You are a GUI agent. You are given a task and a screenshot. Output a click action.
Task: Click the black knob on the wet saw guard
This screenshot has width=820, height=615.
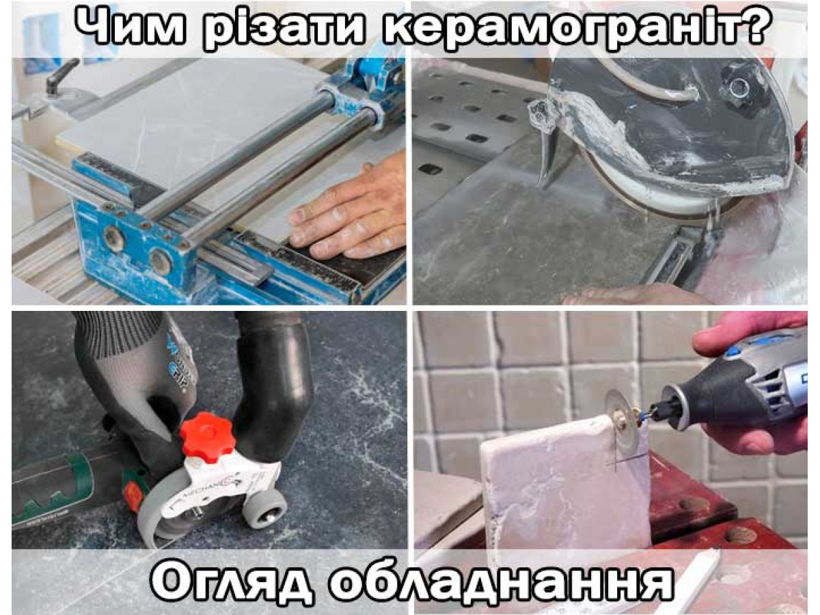pos(739,87)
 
